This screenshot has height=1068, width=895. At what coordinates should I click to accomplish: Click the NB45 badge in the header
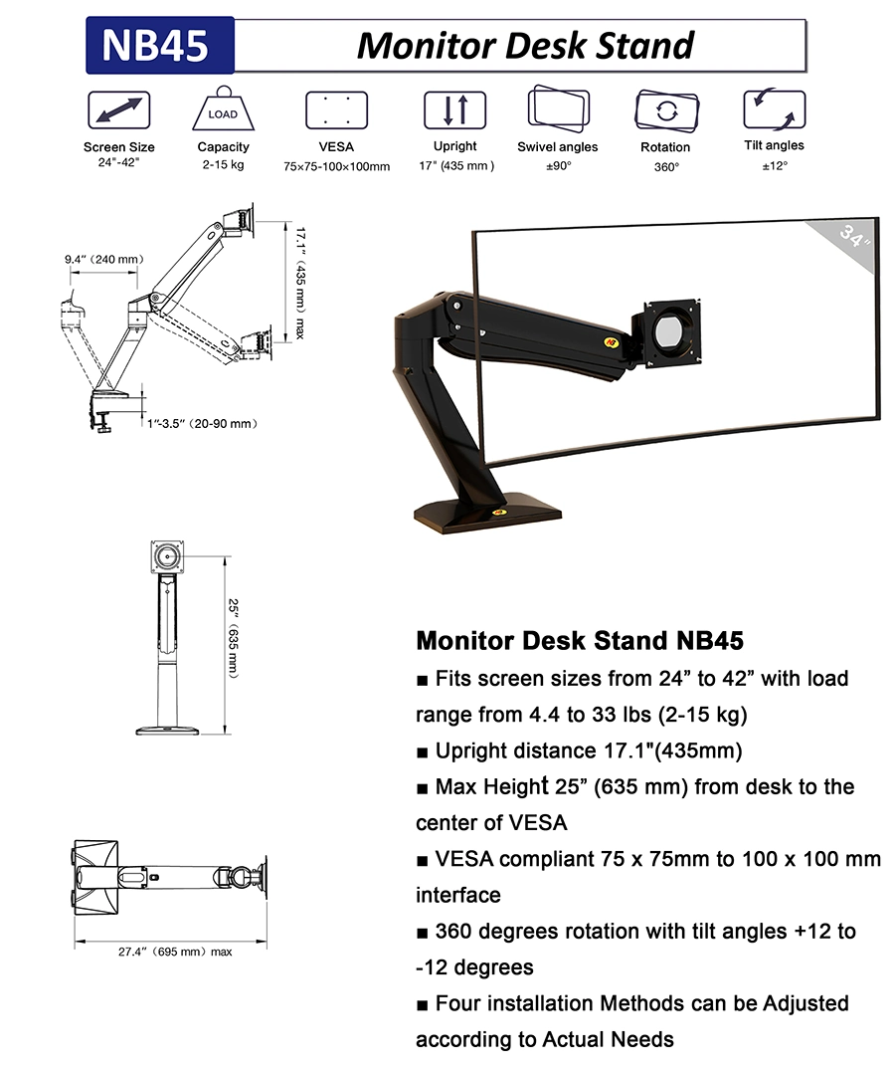160,46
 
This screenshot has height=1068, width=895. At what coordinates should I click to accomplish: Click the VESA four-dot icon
336,109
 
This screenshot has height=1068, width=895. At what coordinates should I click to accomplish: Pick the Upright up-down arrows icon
454,109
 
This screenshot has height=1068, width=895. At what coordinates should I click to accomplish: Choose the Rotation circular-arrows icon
665,109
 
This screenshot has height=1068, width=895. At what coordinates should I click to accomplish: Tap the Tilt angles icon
775,108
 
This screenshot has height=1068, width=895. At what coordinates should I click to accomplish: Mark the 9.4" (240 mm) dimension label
104,260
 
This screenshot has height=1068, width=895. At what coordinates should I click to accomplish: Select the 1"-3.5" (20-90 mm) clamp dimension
202,424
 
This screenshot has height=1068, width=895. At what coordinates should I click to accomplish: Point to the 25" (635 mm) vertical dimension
231,637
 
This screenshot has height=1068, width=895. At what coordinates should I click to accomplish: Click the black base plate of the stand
488,513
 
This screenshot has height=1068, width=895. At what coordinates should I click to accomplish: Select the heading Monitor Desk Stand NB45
580,639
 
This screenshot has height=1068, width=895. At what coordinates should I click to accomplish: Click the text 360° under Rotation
666,166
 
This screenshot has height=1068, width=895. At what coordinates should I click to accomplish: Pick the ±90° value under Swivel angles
558,165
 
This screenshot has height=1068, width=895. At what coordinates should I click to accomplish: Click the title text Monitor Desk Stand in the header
525,46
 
